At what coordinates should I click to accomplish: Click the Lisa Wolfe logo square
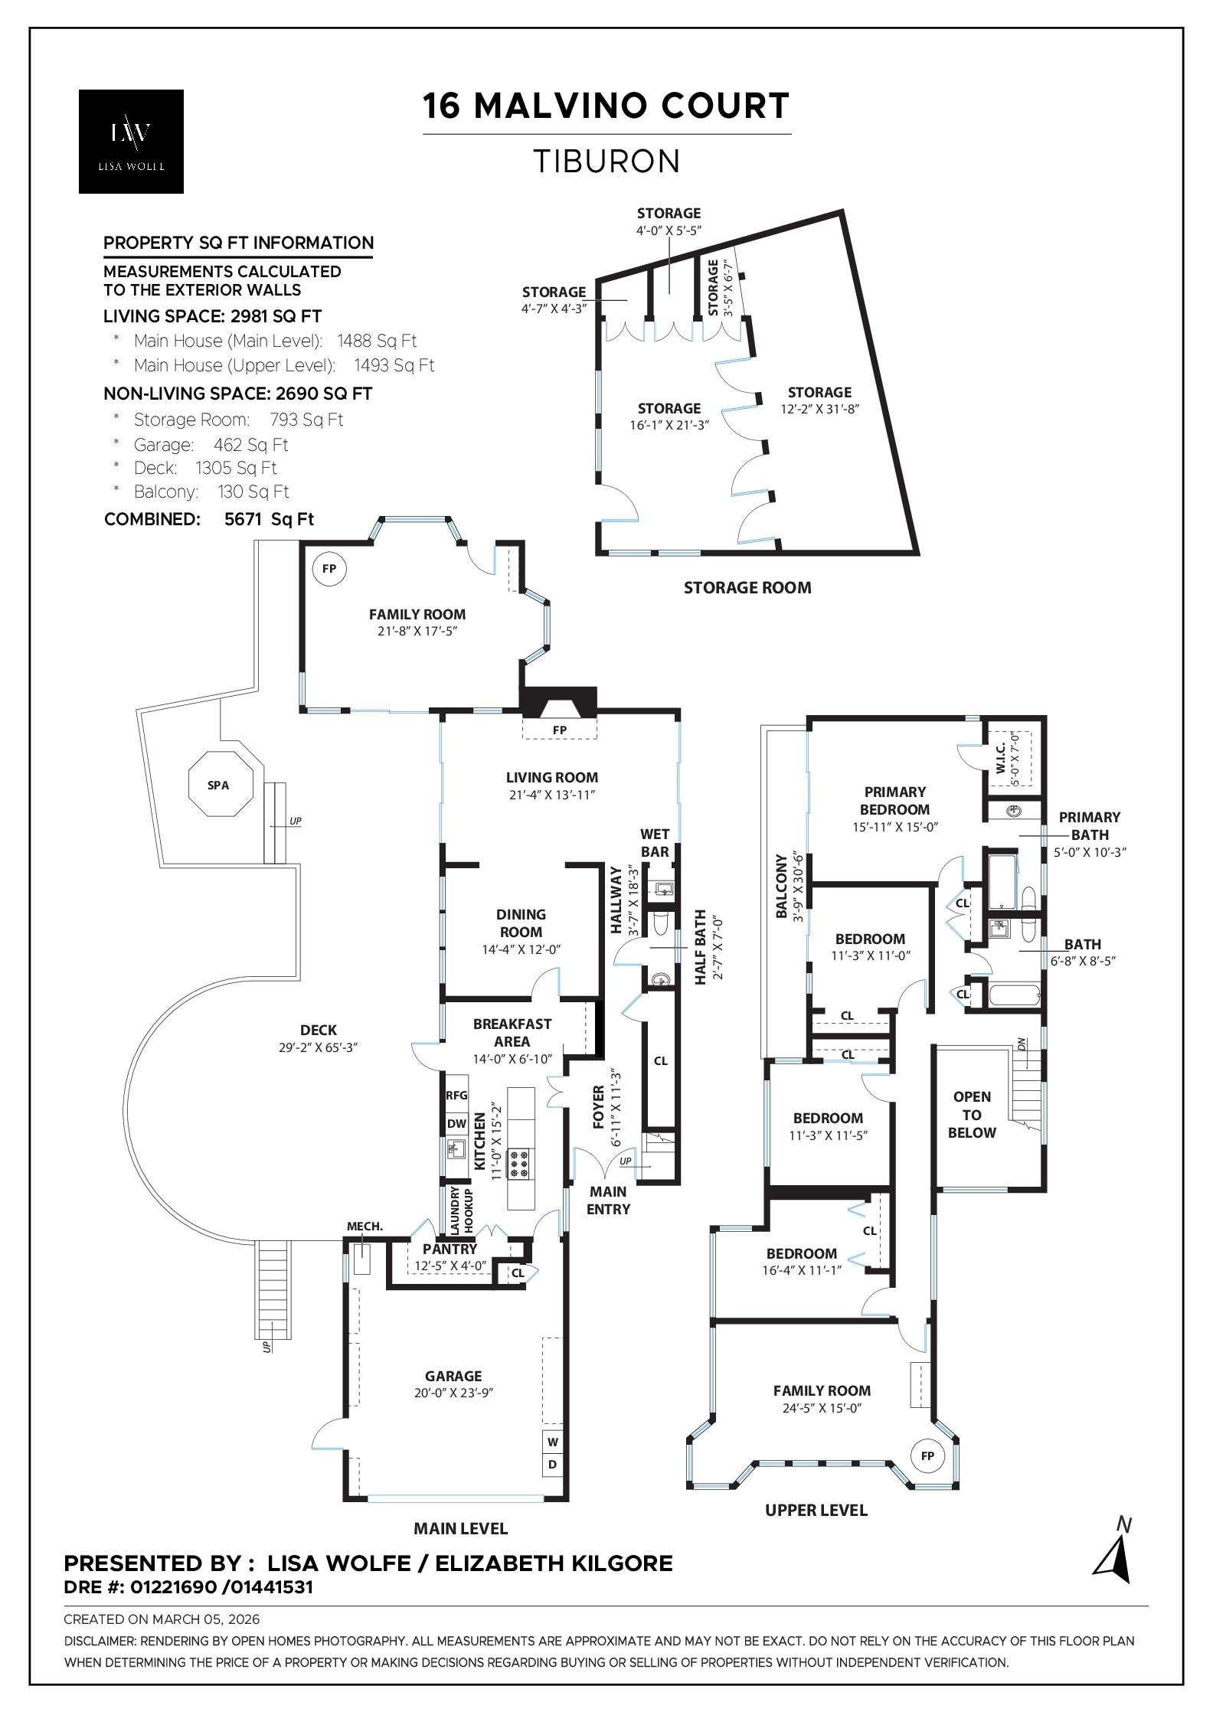pyautogui.click(x=131, y=142)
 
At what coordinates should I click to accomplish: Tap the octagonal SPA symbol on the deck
pyautogui.click(x=218, y=785)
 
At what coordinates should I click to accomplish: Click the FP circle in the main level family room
pyautogui.click(x=329, y=569)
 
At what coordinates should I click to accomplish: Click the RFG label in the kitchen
pyautogui.click(x=456, y=1096)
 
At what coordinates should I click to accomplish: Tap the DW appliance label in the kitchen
pyautogui.click(x=456, y=1124)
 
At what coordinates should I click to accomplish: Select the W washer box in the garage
pyautogui.click(x=553, y=1441)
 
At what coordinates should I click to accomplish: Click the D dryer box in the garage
pyautogui.click(x=553, y=1465)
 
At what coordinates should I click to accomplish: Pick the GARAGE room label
pyautogui.click(x=453, y=1376)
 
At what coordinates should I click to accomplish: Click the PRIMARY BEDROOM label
pyautogui.click(x=894, y=800)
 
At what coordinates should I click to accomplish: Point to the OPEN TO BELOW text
pyautogui.click(x=972, y=1115)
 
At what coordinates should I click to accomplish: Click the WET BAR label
pyautogui.click(x=655, y=842)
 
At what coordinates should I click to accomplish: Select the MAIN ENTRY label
pyautogui.click(x=609, y=1200)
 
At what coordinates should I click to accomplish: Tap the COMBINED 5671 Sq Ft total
pyautogui.click(x=208, y=519)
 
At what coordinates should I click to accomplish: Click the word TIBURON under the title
pyautogui.click(x=606, y=162)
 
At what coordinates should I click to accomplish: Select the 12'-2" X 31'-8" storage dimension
pyautogui.click(x=819, y=409)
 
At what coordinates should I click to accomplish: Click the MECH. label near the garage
pyautogui.click(x=365, y=1226)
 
